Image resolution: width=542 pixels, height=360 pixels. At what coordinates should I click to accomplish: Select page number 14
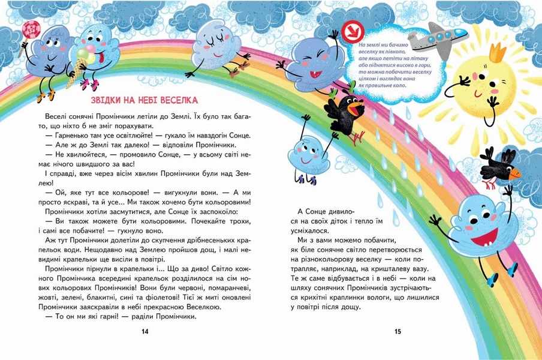coord(144,331)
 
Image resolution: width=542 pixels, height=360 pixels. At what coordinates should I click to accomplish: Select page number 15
coord(398,331)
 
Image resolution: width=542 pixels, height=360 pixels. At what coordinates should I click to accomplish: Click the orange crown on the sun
coord(497,53)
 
